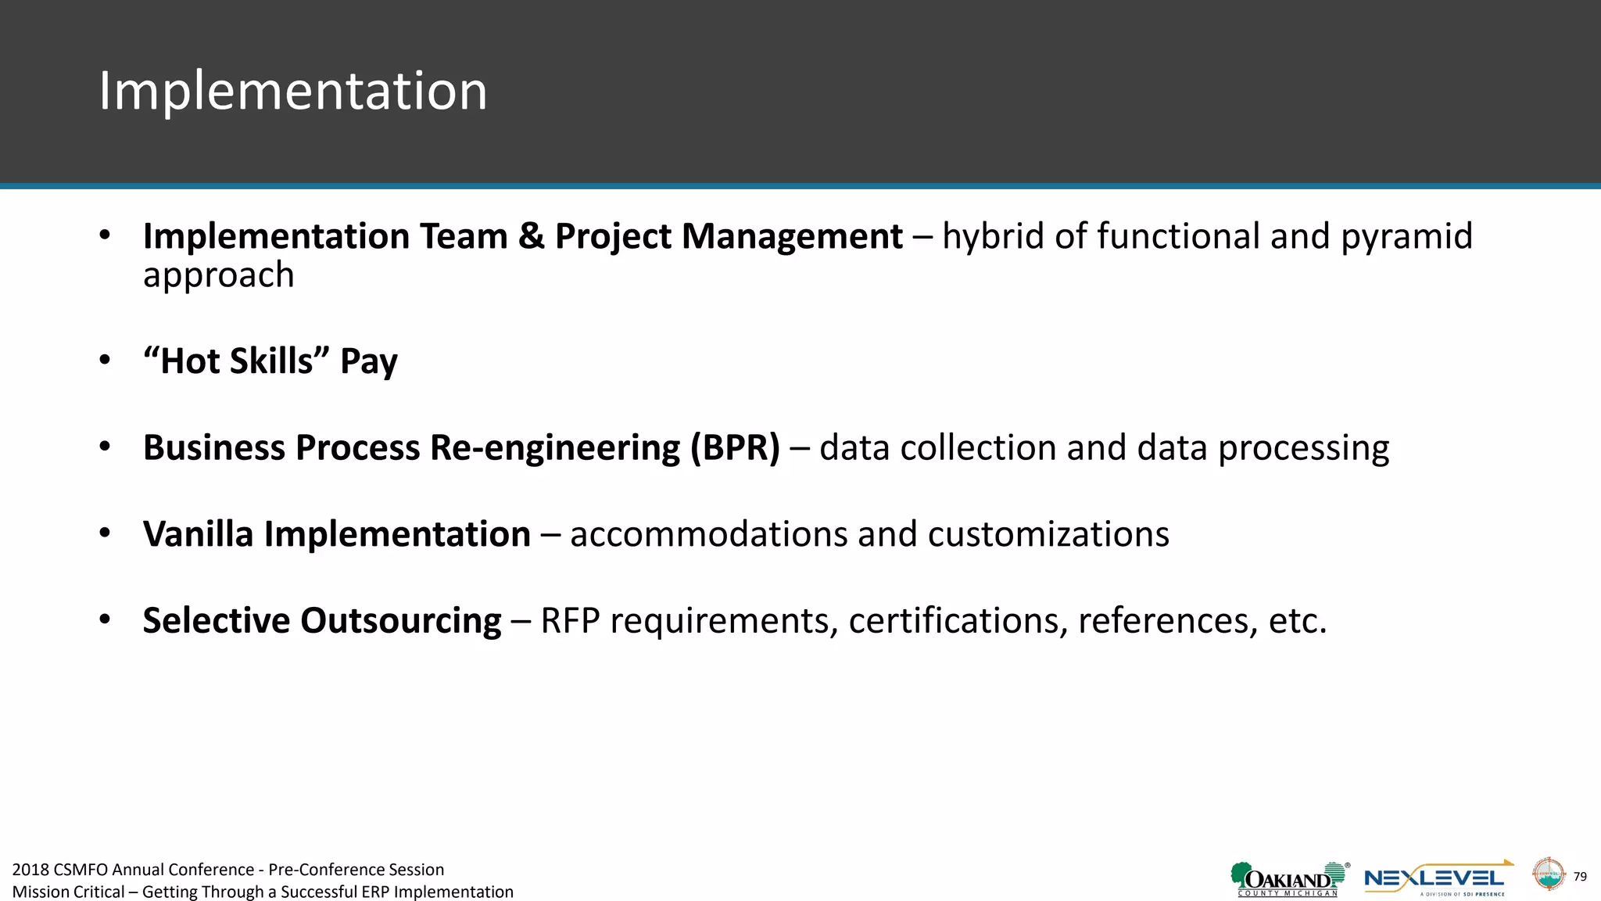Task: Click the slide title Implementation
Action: click(292, 92)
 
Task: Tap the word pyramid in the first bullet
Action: click(1406, 237)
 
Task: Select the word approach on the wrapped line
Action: click(218, 275)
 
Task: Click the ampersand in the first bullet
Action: click(531, 236)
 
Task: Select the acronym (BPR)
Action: click(735, 448)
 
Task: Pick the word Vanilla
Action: click(198, 534)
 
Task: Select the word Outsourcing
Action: click(400, 621)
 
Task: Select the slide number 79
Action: click(1580, 877)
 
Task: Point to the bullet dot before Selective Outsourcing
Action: click(105, 620)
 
